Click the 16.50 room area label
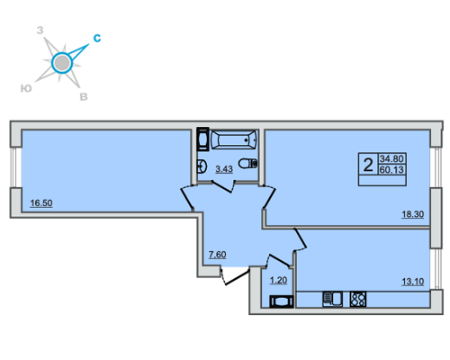click(x=41, y=203)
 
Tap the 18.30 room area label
click(x=413, y=214)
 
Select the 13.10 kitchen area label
click(x=413, y=282)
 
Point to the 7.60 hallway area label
click(x=218, y=255)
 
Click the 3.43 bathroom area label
click(x=224, y=169)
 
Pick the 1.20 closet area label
click(x=279, y=281)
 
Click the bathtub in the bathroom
click(x=234, y=139)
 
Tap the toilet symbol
click(x=248, y=163)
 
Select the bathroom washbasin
click(x=202, y=166)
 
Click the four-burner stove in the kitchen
click(x=358, y=299)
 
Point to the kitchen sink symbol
click(x=332, y=299)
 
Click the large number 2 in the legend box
click(x=368, y=165)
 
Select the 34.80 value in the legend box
click(x=391, y=158)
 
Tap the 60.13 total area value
click(x=391, y=170)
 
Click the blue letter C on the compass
click(x=97, y=38)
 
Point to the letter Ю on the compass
click(x=26, y=88)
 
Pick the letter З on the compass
click(x=40, y=31)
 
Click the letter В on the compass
click(x=84, y=97)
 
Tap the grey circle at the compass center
click(x=62, y=63)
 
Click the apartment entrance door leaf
click(x=237, y=277)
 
